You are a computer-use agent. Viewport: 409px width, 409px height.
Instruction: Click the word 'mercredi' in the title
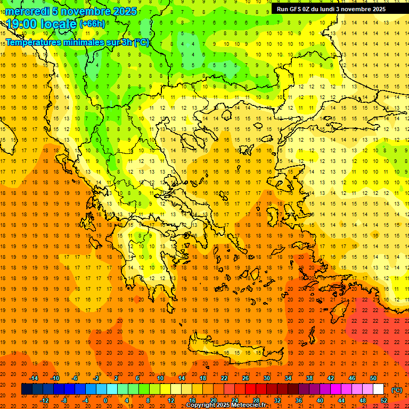[x=27, y=11]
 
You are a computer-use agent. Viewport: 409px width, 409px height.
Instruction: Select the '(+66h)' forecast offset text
[x=92, y=24]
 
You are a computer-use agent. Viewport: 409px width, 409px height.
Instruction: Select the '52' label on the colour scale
[x=384, y=400]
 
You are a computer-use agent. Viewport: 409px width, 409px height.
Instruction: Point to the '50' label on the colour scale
[x=373, y=378]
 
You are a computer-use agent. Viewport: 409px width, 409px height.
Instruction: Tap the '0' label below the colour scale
[x=105, y=400]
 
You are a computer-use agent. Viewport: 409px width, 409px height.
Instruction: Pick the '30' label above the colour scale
[x=267, y=378]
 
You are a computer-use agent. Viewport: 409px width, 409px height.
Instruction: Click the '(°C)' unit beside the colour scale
[x=397, y=389]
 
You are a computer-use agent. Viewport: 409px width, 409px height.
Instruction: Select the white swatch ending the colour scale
[x=379, y=389]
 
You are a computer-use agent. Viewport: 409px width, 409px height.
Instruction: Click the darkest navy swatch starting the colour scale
[x=27, y=389]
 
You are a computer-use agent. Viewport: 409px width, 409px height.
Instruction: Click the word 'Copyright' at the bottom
[x=201, y=405]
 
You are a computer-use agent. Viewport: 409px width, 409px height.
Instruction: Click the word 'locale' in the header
[x=56, y=24]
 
